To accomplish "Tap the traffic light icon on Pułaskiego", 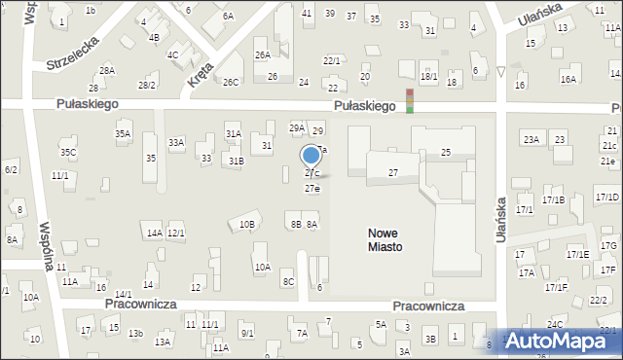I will (410, 100).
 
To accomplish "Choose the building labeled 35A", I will (123, 133).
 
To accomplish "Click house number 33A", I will (176, 142).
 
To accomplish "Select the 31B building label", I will (236, 160).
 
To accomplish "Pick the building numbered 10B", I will (247, 225).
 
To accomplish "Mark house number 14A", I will (154, 233).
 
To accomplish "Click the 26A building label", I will (263, 55).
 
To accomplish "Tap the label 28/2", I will (147, 86).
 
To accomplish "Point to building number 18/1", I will (428, 76).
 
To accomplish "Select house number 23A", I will (531, 140).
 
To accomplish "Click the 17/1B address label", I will (554, 199).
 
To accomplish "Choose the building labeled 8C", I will (288, 282).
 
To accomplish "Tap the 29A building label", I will (297, 127).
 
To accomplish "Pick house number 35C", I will (68, 153).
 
